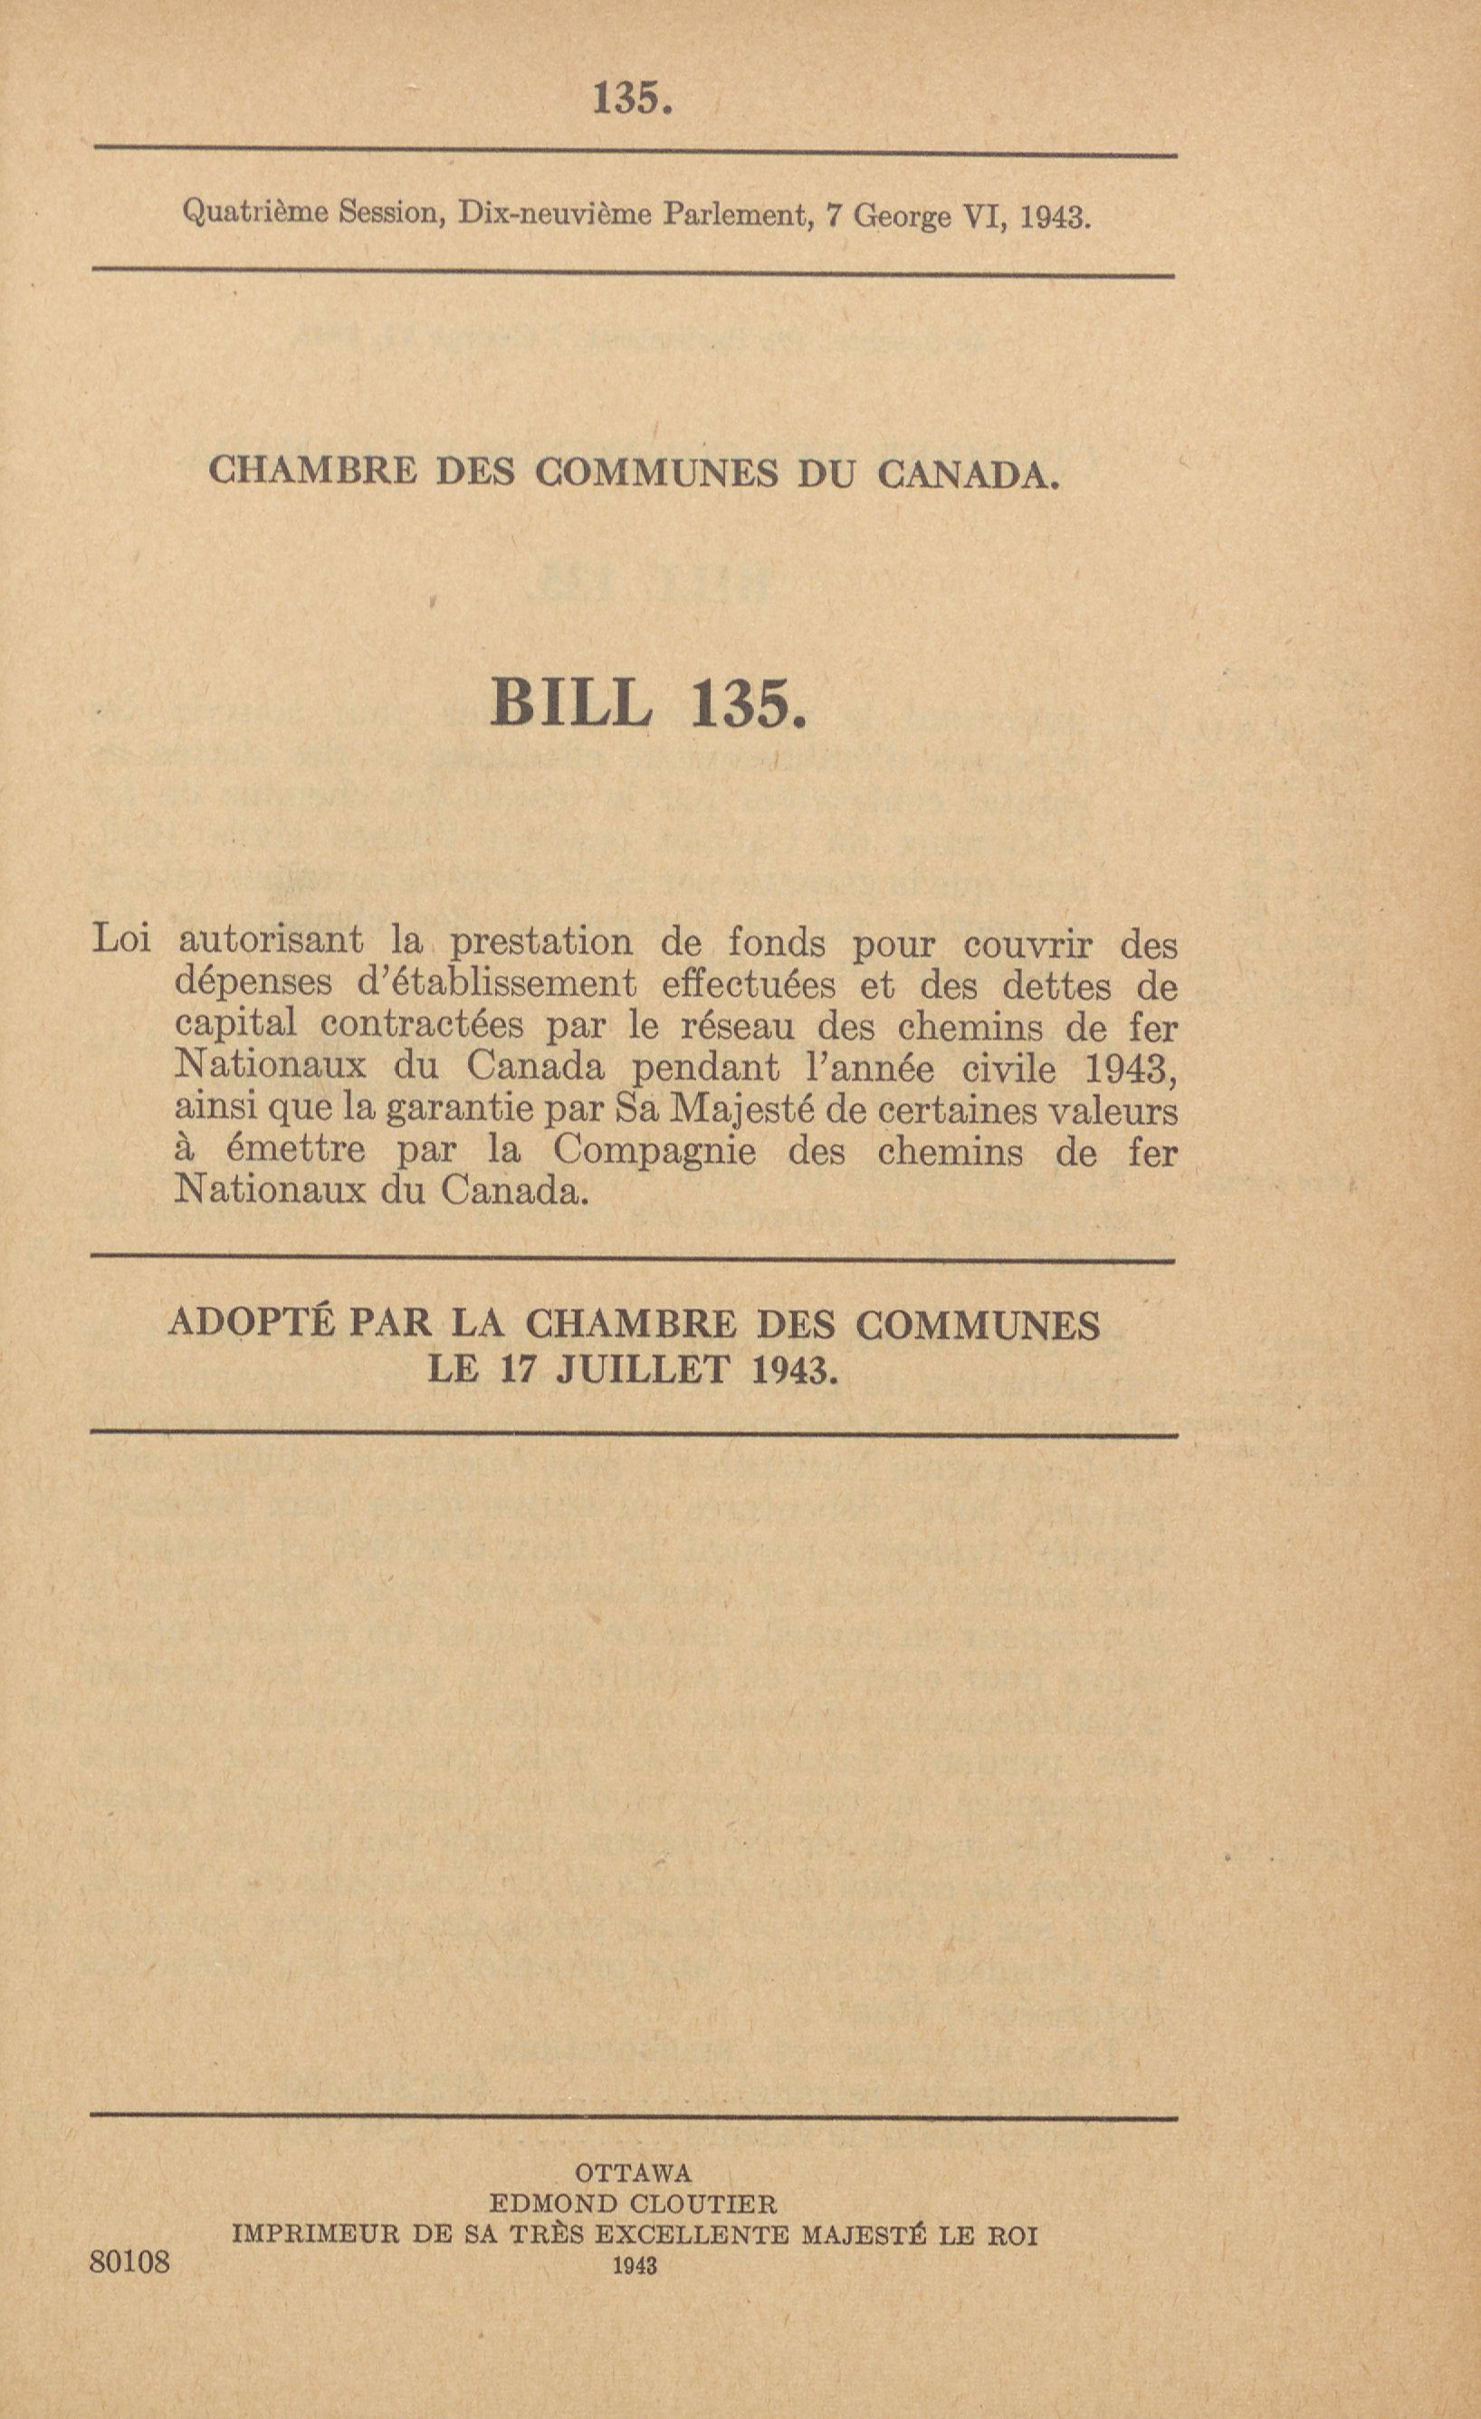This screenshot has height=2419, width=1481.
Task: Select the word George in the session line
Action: click(x=903, y=215)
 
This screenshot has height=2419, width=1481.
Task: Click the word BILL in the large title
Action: click(x=571, y=702)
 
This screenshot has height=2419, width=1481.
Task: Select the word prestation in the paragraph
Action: click(x=541, y=942)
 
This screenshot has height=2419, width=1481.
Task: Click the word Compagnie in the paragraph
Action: click(x=655, y=1150)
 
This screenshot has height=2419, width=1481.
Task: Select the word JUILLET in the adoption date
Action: click(x=643, y=1368)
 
